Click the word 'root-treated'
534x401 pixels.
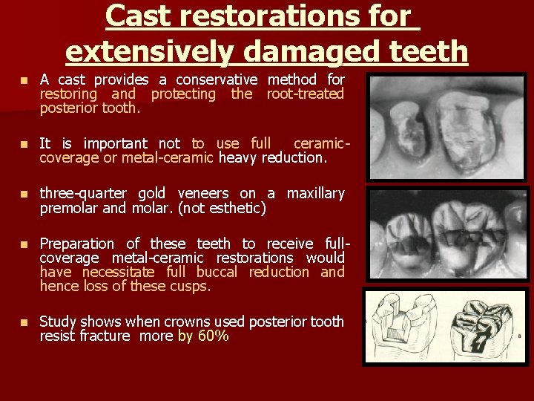pyautogui.click(x=306, y=94)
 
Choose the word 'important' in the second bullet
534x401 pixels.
pyautogui.click(x=111, y=143)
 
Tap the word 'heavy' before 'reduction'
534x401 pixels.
pyautogui.click(x=238, y=157)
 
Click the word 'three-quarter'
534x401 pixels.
pyautogui.click(x=83, y=194)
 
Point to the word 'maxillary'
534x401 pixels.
pyautogui.click(x=316, y=194)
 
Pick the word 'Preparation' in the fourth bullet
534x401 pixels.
pyautogui.click(x=77, y=244)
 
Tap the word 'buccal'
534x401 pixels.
pyautogui.click(x=217, y=272)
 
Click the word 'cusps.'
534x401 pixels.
pyautogui.click(x=189, y=286)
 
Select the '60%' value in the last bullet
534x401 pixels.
pyautogui.click(x=214, y=336)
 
